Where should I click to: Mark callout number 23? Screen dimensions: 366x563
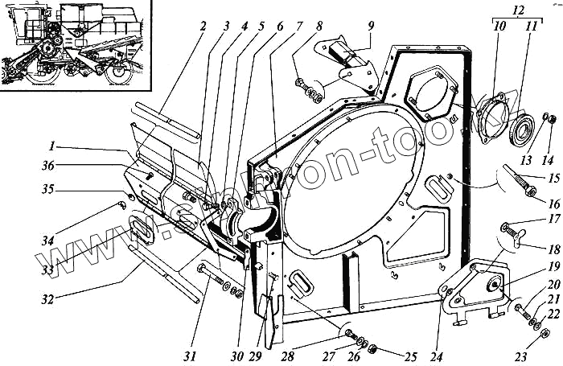520,356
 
